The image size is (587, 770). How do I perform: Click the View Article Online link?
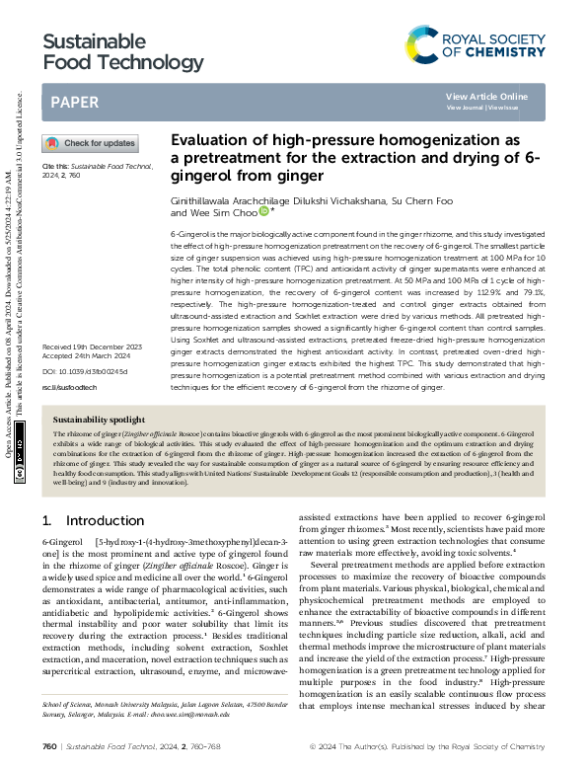click(x=486, y=96)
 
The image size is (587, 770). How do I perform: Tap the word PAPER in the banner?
click(x=74, y=102)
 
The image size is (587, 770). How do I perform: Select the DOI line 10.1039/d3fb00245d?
click(x=85, y=288)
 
